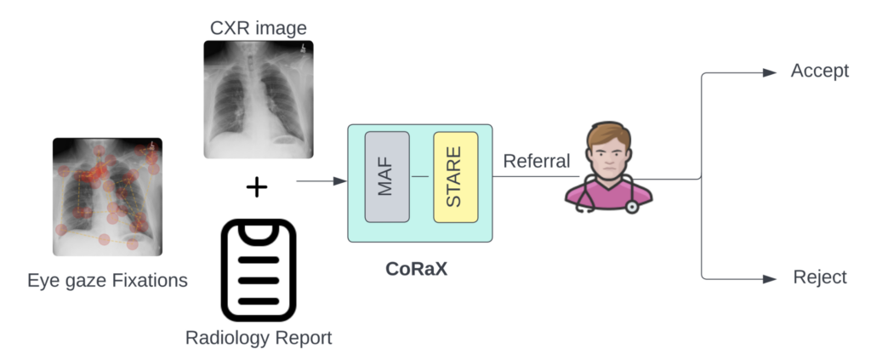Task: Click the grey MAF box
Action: coord(387,177)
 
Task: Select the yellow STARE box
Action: coord(455,177)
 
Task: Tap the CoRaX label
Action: coord(417,271)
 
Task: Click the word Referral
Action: coord(537,161)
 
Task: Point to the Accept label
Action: coord(820,71)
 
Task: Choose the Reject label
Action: coord(820,277)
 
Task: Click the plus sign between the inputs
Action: coord(257,187)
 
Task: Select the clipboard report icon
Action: coord(259,270)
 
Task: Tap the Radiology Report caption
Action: coord(259,338)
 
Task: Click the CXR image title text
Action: coord(259,27)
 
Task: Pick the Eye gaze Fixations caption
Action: coord(107,280)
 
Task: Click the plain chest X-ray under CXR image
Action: coord(259,99)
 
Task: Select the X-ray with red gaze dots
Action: coord(107,197)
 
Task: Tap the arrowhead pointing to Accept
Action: coord(771,72)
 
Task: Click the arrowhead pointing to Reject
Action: coord(771,278)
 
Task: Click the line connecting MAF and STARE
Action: coord(421,177)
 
